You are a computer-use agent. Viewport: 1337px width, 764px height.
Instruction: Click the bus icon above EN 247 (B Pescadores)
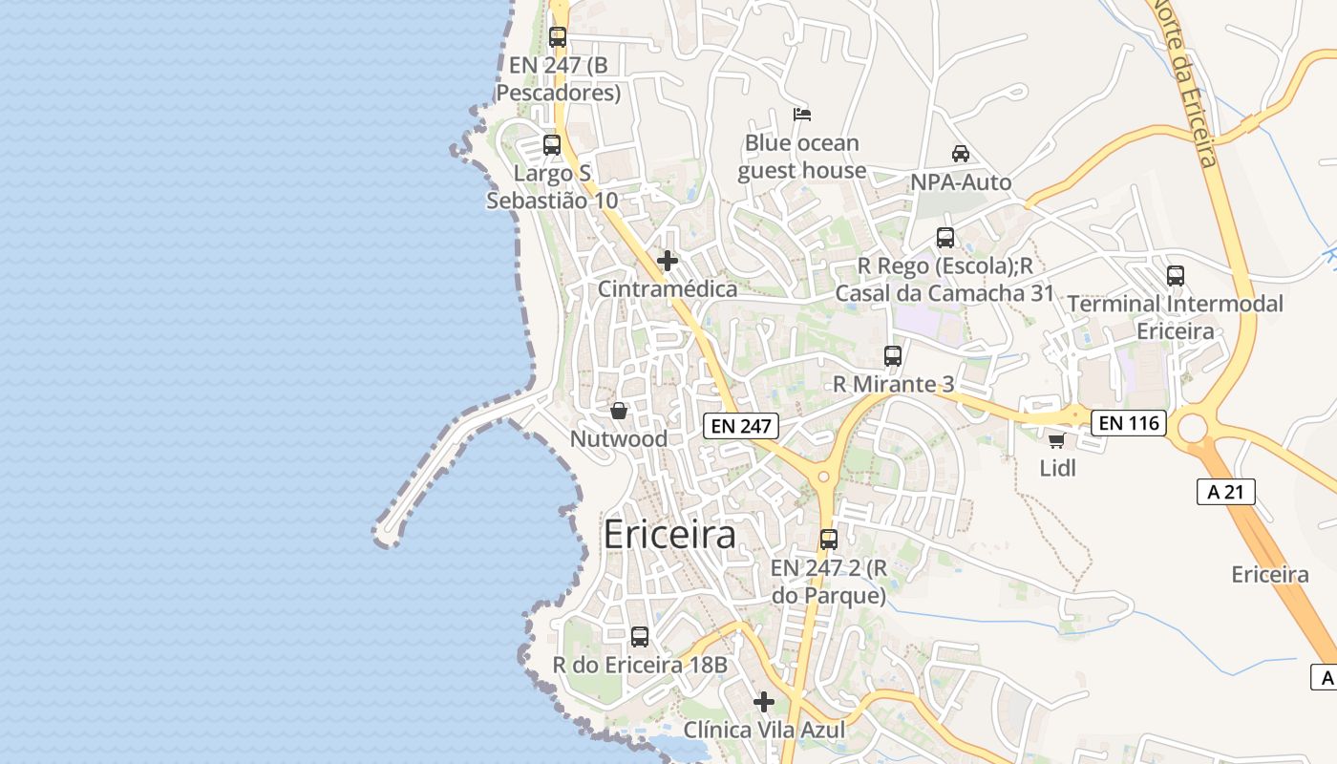558,37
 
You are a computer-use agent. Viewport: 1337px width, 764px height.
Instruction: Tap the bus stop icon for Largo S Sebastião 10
552,145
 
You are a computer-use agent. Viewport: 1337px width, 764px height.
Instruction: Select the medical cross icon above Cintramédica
668,261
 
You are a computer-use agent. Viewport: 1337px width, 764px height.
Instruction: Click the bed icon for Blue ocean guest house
802,115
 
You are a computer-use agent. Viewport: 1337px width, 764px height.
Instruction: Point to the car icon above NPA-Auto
961,154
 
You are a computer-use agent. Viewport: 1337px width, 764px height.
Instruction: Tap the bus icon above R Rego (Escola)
945,238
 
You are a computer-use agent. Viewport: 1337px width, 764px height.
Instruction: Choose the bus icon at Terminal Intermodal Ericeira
1176,276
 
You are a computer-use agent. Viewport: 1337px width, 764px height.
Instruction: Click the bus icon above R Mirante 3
893,356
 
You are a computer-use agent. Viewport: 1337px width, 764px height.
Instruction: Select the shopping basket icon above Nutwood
619,411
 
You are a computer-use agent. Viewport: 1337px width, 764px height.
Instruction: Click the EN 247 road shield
741,426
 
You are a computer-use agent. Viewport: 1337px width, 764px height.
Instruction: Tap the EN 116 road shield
1130,422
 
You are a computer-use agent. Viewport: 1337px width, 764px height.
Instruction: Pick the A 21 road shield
1225,492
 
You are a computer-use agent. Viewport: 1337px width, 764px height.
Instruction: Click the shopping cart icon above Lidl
1056,440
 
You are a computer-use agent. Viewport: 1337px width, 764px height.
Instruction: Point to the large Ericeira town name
669,535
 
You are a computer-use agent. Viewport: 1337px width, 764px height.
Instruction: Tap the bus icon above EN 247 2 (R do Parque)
829,540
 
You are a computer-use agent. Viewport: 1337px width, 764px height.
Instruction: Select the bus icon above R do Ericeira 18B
640,636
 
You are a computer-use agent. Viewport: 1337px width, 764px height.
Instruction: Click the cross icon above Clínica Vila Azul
764,702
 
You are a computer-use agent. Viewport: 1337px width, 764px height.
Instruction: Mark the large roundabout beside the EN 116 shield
1193,428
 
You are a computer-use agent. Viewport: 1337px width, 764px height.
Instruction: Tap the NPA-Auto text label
961,182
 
